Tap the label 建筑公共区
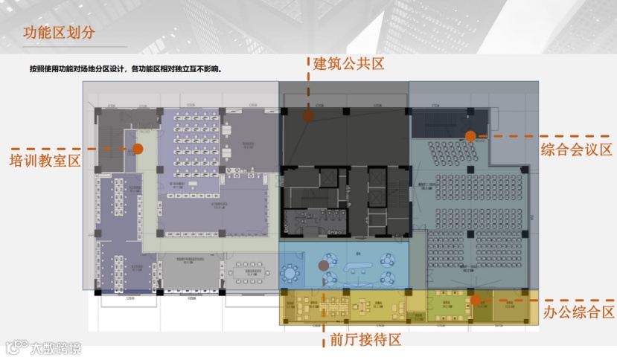tap(348, 65)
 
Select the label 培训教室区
tap(44, 161)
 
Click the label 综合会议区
tap(576, 150)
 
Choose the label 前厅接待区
tap(365, 341)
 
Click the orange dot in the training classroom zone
tap(138, 149)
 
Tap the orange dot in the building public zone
tap(308, 116)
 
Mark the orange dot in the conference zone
tap(470, 136)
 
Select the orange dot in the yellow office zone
tap(474, 300)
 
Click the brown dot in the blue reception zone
tap(323, 265)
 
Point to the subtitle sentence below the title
tap(127, 69)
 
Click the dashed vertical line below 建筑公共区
tap(308, 89)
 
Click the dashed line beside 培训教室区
tap(112, 149)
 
